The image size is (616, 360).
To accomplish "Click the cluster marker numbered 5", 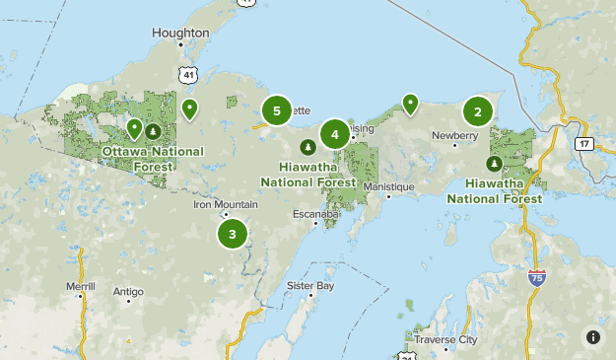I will click(x=277, y=111).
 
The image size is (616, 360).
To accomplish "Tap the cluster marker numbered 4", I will click(x=335, y=134).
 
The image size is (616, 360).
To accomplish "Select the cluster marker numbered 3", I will click(x=233, y=234).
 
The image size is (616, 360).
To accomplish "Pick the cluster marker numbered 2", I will click(x=478, y=111).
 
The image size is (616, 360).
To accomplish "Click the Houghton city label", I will click(x=180, y=33).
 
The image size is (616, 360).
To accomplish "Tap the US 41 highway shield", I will click(x=187, y=73).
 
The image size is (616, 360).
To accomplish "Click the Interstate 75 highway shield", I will click(x=536, y=279).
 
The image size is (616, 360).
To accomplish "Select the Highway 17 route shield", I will click(x=584, y=144).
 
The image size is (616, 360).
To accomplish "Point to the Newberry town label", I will click(x=454, y=135).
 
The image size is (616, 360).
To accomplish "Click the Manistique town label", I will click(x=388, y=186).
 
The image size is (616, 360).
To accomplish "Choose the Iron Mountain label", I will click(x=225, y=205).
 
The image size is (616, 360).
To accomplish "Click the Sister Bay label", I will click(x=310, y=285).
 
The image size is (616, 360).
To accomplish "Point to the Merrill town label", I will click(x=81, y=285).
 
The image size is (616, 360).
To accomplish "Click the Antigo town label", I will click(x=128, y=291).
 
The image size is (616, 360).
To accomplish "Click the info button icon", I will click(x=593, y=337).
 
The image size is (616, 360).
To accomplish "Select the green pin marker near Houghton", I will click(x=189, y=108).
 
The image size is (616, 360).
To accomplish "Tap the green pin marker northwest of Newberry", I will click(x=409, y=103).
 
